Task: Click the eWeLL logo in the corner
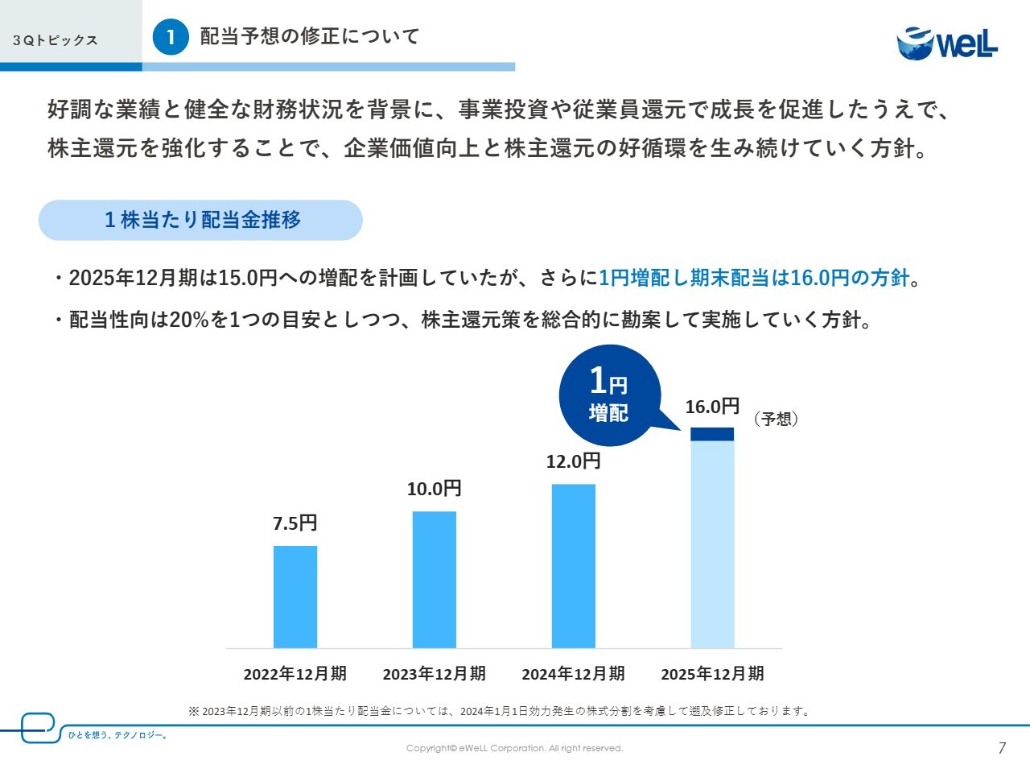947,43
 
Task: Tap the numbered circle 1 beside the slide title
171,37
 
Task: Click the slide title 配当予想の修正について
310,37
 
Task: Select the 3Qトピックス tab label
56,40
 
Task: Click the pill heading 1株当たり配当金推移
201,220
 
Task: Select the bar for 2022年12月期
295,597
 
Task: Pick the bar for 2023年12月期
435,580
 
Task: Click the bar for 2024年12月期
574,566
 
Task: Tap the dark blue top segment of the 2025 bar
712,434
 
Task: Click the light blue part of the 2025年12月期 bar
712,544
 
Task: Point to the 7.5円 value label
295,523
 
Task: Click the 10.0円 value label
435,489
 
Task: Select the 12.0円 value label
574,461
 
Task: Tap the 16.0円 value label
712,407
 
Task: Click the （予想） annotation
776,419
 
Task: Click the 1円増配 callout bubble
609,395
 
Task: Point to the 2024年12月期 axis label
573,674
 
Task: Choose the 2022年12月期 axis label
295,674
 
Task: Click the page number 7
1002,748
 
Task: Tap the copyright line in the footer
515,748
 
